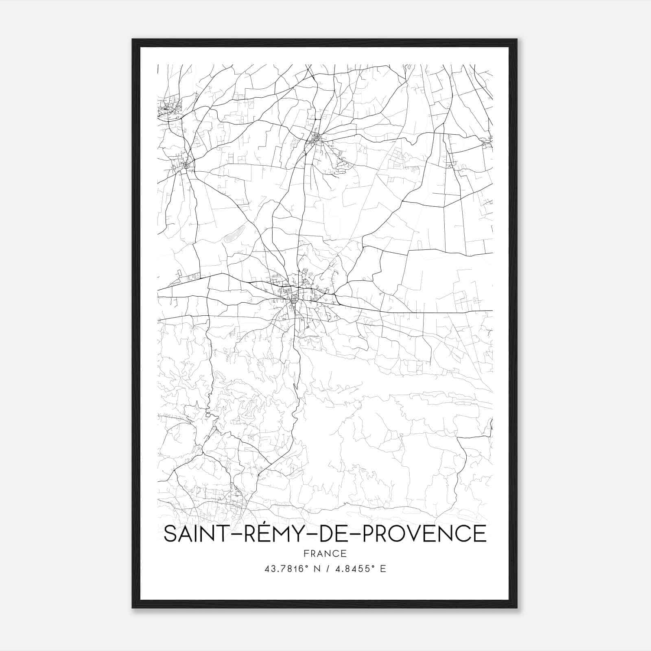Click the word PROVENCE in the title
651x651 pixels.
424,534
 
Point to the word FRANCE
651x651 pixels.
325,553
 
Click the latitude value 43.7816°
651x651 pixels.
285,569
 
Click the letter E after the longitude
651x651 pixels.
383,569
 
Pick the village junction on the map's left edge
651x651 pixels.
186,165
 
